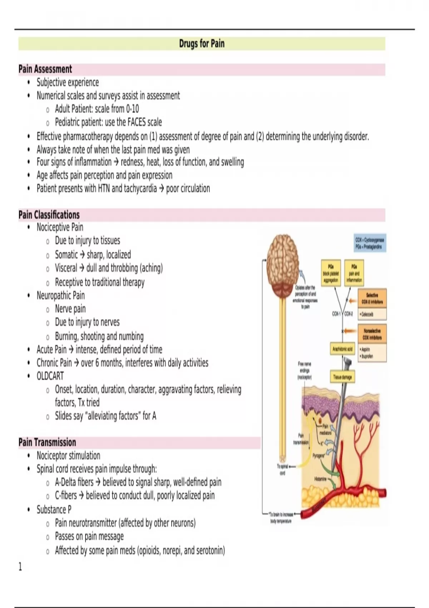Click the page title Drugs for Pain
coord(202,44)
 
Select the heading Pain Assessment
coord(45,69)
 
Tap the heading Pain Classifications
coord(49,215)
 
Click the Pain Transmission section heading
coord(47,442)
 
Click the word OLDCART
coord(50,376)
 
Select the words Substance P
coord(54,509)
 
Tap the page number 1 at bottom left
coord(20,567)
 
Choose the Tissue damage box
coord(342,377)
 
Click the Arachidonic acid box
coord(342,349)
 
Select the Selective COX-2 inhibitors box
coord(372,299)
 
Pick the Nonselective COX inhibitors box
coord(372,334)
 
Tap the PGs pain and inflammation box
coord(354,273)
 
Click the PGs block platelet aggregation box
coord(331,273)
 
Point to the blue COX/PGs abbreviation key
coord(370,243)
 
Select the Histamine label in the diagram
coord(320,479)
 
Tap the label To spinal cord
coord(282,469)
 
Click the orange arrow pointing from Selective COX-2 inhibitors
coord(352,301)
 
